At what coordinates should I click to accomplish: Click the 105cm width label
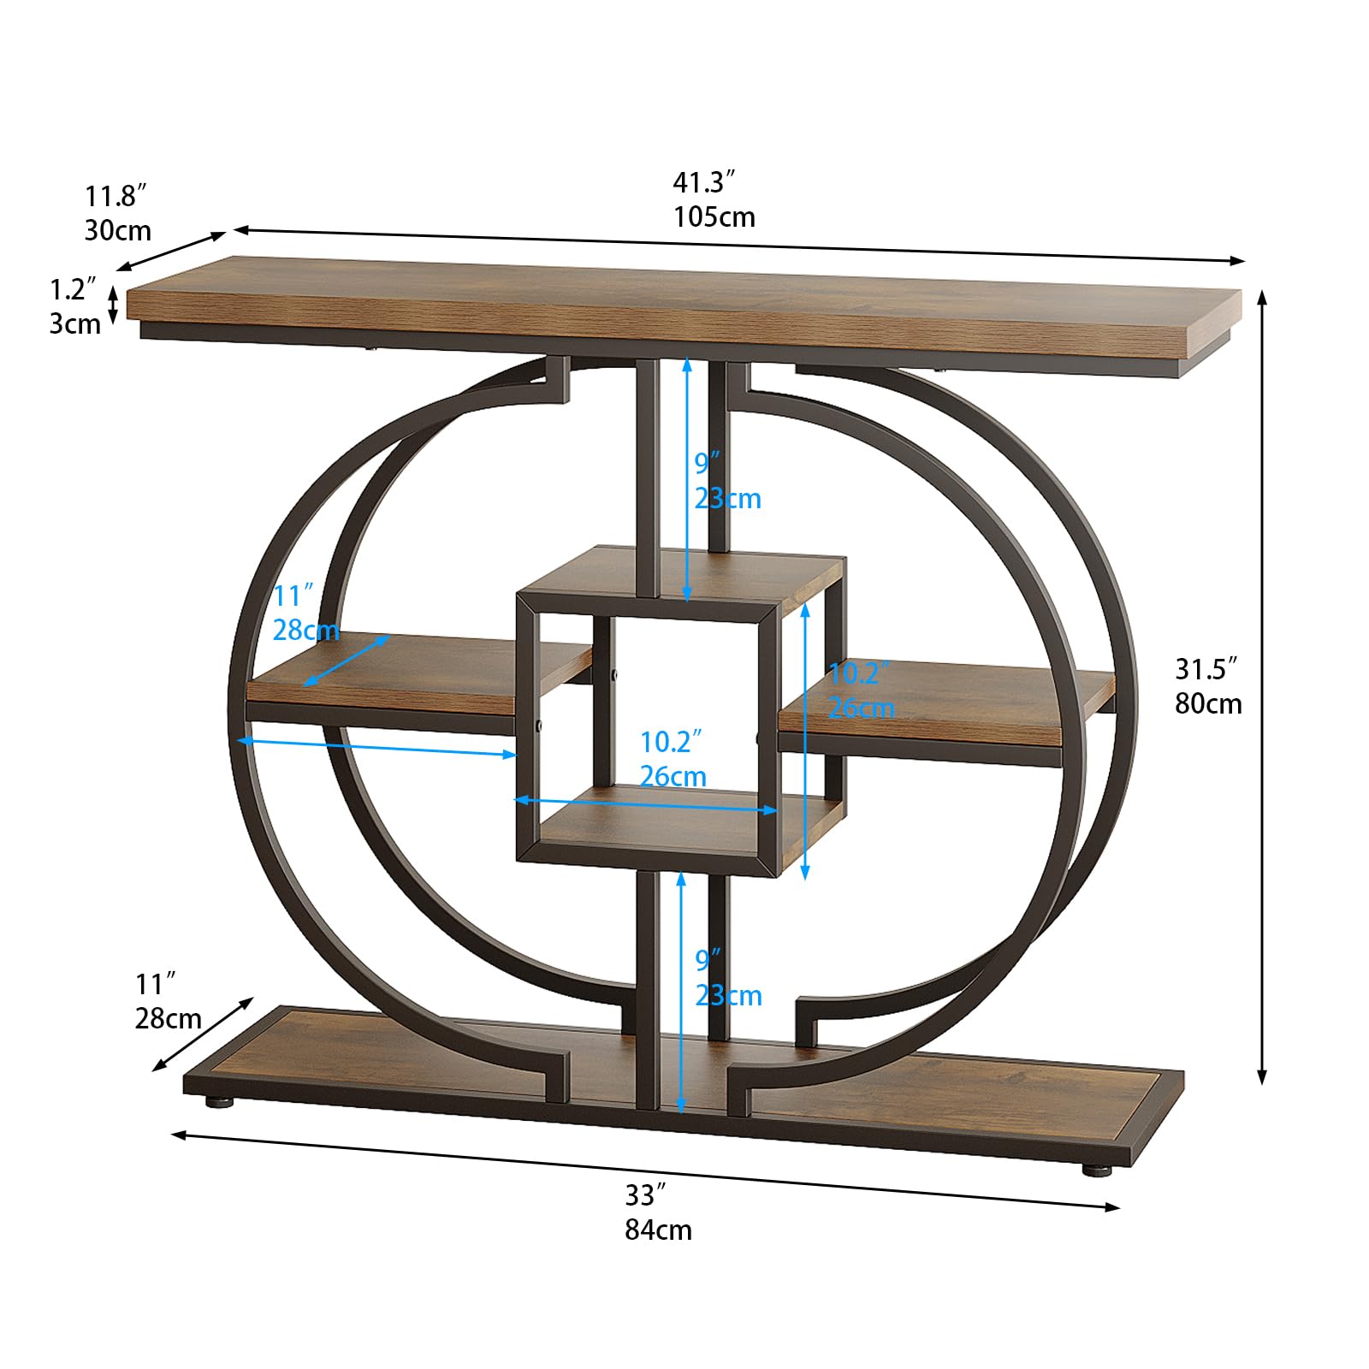(x=714, y=216)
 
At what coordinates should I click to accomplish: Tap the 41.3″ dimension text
(x=704, y=182)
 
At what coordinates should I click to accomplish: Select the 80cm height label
(x=1208, y=703)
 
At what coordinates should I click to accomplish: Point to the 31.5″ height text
(x=1206, y=668)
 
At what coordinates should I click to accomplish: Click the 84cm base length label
(x=658, y=1230)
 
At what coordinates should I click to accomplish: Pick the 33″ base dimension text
(x=645, y=1194)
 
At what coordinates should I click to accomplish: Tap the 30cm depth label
(x=118, y=230)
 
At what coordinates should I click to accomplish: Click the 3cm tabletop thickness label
(x=75, y=323)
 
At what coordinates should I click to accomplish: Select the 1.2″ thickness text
(x=73, y=289)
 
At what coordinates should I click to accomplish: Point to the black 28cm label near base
(x=168, y=1018)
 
